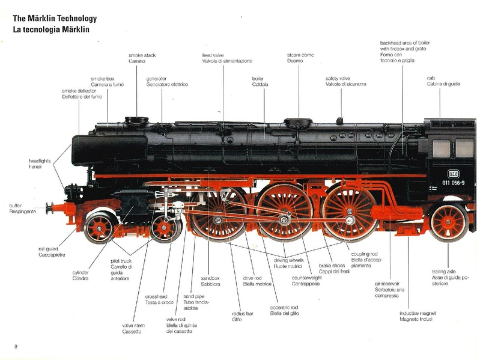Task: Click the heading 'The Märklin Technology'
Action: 54,19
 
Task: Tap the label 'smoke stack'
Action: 142,55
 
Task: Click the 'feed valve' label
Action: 214,55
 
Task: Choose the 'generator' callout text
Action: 156,78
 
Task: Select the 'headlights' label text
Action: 40,161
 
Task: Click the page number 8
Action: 16,346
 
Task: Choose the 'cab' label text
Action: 431,78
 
